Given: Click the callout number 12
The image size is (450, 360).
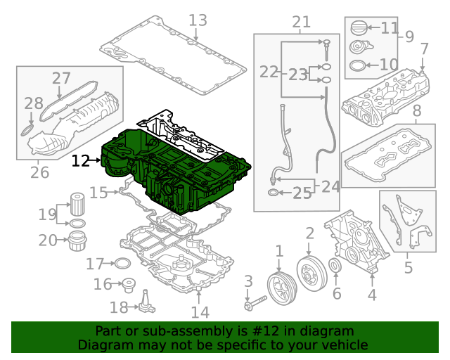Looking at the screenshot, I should [x=81, y=161].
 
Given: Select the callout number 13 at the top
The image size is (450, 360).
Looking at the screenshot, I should [x=198, y=20].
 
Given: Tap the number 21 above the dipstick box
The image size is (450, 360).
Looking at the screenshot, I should [x=301, y=22].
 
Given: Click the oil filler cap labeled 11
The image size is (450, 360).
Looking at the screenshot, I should [x=358, y=30].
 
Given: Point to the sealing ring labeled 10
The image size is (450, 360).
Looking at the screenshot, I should [x=357, y=66].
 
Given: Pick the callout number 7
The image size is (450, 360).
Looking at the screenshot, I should [x=424, y=49].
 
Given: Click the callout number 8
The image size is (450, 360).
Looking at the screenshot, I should [x=417, y=110].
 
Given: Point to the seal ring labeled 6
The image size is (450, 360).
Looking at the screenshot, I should [x=335, y=267].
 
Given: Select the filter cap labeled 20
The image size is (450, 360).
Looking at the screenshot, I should [x=77, y=241].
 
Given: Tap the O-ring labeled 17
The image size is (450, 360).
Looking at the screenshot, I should [x=122, y=264].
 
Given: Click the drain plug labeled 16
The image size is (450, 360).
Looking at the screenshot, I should [x=128, y=285].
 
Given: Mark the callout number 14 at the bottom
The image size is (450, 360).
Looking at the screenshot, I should [x=200, y=311].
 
